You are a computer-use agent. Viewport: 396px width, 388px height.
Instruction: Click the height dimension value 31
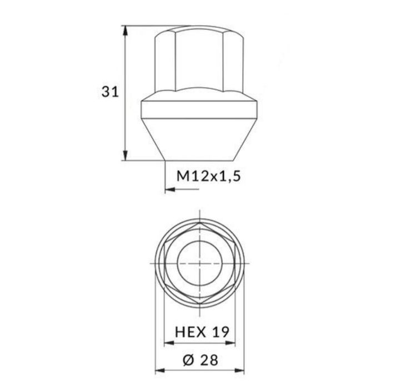(110, 92)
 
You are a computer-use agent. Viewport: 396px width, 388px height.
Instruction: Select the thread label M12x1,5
(209, 176)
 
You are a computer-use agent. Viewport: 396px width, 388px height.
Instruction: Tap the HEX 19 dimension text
(202, 332)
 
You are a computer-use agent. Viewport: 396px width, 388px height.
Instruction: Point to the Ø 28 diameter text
(200, 360)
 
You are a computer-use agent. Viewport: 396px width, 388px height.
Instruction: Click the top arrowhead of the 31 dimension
(126, 30)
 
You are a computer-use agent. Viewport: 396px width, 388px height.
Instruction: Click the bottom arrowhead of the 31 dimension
(126, 155)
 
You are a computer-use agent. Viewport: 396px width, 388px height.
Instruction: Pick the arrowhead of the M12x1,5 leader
(170, 189)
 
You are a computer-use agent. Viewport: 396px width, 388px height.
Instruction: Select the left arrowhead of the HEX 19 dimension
(169, 343)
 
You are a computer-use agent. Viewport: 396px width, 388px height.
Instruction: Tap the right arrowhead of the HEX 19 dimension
(230, 343)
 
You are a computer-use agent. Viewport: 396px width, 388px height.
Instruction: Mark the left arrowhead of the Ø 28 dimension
(160, 371)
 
